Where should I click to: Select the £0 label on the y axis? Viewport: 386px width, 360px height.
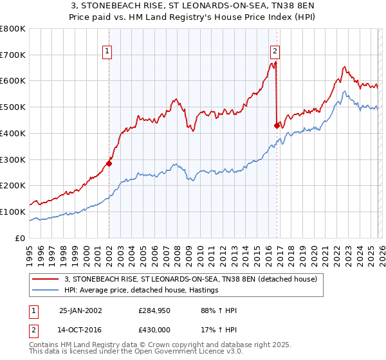20,238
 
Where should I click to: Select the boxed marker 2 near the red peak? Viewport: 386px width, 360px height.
275,51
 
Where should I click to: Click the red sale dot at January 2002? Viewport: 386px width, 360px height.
109,163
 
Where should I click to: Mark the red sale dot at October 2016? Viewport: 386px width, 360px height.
277,125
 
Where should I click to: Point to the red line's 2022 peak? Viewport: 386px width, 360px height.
345,67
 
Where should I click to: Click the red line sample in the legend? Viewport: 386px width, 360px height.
46,280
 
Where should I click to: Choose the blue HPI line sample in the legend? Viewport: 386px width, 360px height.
46,291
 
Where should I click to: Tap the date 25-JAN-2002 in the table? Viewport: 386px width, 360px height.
81,310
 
